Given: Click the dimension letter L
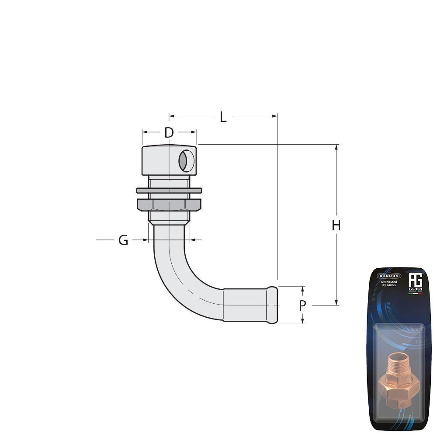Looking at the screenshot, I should [x=223, y=117].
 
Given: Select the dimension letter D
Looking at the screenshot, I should [x=169, y=132].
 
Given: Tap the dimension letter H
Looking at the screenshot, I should [x=336, y=225].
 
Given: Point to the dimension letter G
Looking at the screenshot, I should [x=124, y=240].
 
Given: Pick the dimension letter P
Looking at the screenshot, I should [x=302, y=306].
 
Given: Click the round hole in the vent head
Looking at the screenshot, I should [x=185, y=160].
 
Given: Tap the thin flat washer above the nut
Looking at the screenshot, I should [x=169, y=191].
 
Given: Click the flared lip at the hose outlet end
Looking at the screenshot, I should [x=273, y=305].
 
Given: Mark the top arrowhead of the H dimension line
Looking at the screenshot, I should [x=336, y=148].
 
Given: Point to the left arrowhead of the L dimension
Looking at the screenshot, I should [x=172, y=116].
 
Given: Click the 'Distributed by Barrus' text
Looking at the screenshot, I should [x=389, y=284].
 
